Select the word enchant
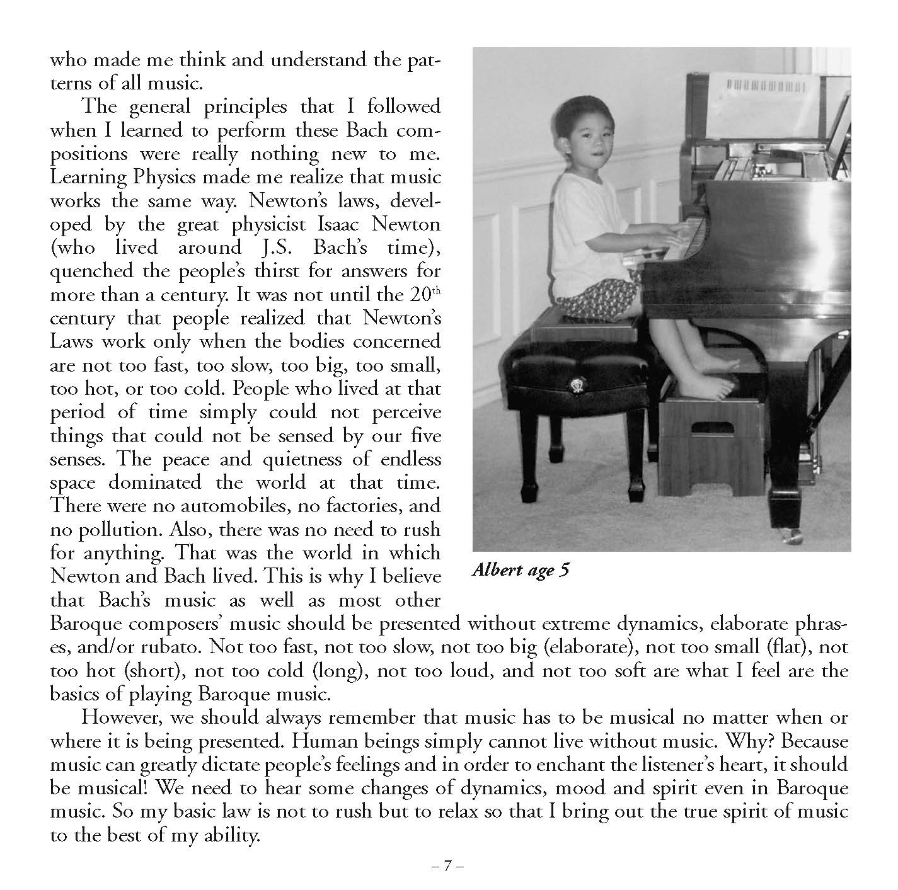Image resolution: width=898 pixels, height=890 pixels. [x=572, y=765]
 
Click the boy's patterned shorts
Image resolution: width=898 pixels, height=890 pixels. [x=598, y=290]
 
